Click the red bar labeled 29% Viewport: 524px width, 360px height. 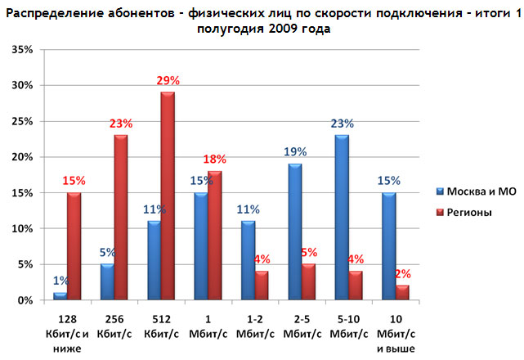point(167,196)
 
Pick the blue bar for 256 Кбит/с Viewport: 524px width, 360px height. point(106,282)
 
